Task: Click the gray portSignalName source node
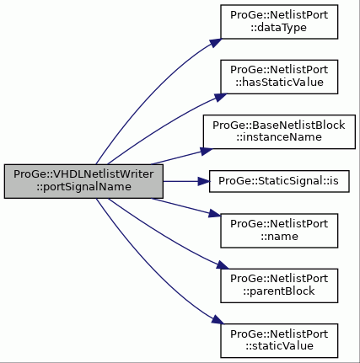coord(83,181)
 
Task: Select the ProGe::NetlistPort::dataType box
coord(279,22)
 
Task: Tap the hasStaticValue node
coord(279,77)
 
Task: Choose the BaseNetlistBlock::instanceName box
coord(279,131)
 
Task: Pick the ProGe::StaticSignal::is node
coord(279,181)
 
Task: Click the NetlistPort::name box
coord(279,231)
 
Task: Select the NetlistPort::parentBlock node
coord(279,286)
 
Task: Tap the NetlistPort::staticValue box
coord(279,341)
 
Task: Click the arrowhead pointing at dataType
coord(215,43)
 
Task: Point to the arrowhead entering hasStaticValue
coord(220,97)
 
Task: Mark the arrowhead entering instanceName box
coord(207,152)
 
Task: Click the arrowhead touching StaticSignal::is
coord(204,181)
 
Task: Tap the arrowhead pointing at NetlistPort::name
coord(215,214)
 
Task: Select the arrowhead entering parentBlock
coord(223,265)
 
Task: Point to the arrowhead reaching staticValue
coord(218,320)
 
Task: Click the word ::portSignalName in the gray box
coord(83,187)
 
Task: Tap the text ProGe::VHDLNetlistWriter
coord(83,174)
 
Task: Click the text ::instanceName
coord(279,137)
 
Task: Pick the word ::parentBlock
coord(279,291)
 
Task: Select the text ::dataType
coord(279,28)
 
